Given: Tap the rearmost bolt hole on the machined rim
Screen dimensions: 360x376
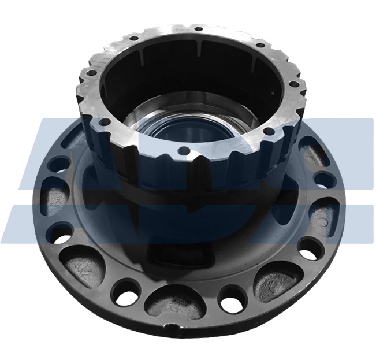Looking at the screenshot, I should pyautogui.click(x=198, y=28).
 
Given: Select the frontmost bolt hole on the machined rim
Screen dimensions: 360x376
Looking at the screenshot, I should pyautogui.click(x=183, y=153).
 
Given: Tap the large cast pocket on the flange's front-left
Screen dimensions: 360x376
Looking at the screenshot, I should pyautogui.click(x=87, y=265).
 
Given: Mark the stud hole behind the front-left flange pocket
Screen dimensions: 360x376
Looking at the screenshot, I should pyautogui.click(x=60, y=234).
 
